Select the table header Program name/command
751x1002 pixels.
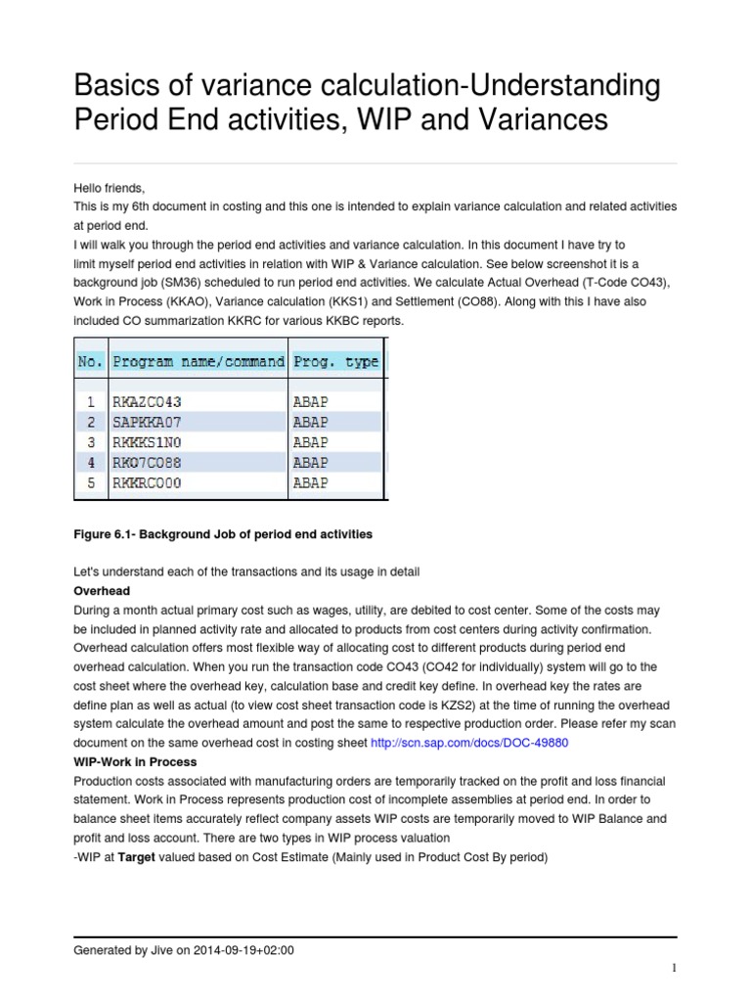click(199, 361)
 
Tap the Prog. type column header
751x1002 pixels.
click(335, 361)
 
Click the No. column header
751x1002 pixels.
click(89, 361)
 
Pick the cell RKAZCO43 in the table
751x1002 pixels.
click(148, 401)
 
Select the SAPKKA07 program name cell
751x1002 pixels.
click(148, 422)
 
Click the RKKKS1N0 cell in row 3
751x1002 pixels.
click(148, 442)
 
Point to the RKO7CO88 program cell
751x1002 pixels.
click(148, 462)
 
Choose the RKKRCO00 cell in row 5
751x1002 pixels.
click(148, 482)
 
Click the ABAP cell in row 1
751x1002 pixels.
click(310, 401)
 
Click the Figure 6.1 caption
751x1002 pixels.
click(223, 535)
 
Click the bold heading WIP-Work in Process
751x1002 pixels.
click(135, 761)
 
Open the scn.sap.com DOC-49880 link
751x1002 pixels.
click(468, 743)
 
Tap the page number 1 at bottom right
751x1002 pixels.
click(675, 969)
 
